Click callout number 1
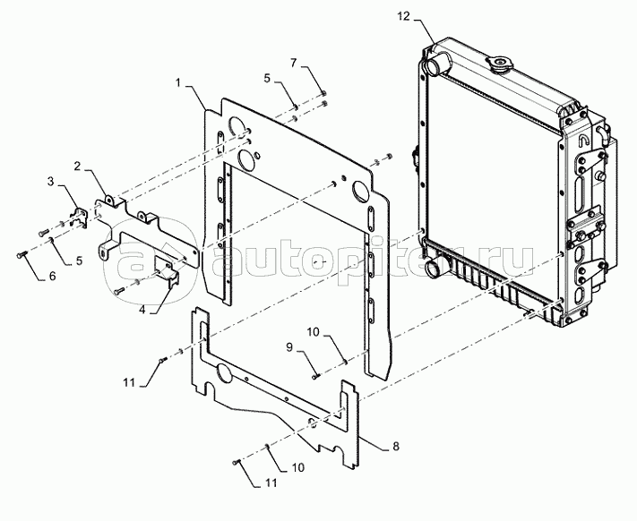coord(179,83)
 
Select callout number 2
coord(78,167)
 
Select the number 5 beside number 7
coord(266,79)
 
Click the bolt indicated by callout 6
coord(23,255)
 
